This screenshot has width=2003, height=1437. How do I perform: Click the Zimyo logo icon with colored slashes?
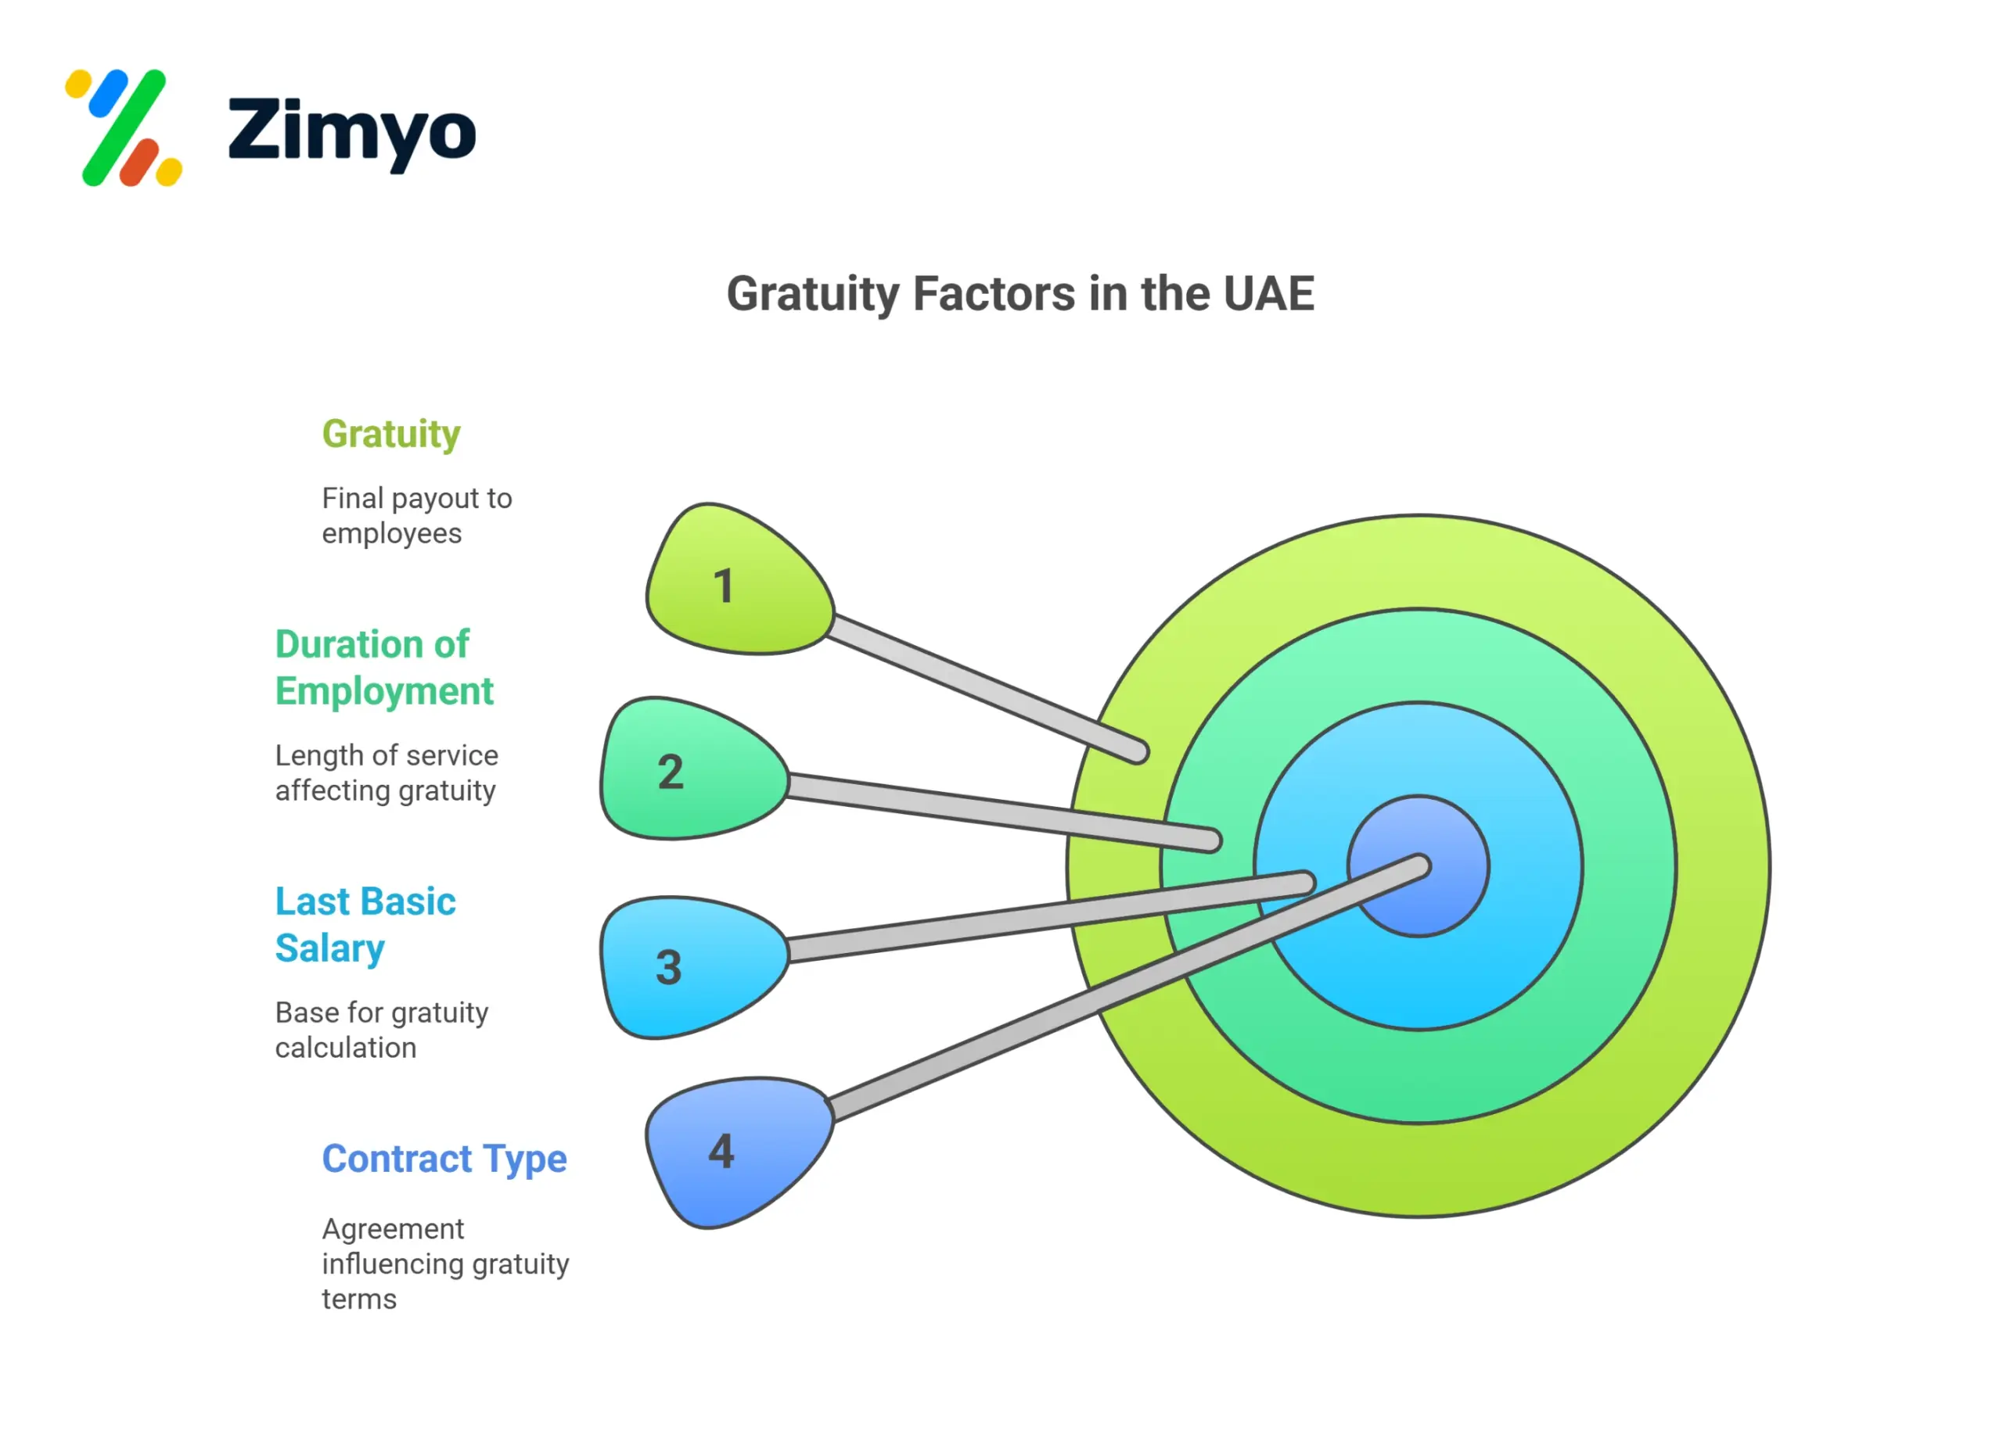[x=124, y=128]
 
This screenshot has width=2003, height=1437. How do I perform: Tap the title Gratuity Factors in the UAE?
[x=1020, y=294]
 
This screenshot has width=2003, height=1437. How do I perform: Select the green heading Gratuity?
[x=391, y=434]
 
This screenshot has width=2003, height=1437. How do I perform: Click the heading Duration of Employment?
[x=384, y=668]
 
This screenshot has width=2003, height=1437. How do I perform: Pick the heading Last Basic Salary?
[x=365, y=925]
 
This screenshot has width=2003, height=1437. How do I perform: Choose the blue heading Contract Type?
[x=444, y=1159]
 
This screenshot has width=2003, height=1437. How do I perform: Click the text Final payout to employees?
[x=416, y=515]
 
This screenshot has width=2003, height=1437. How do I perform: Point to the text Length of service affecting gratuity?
[x=386, y=773]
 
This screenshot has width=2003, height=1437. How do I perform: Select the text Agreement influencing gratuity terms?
[x=445, y=1264]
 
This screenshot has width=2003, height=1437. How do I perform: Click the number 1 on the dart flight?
[x=723, y=586]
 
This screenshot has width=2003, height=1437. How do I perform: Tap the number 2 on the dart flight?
[x=671, y=772]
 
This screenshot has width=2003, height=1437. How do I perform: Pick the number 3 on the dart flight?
[x=668, y=967]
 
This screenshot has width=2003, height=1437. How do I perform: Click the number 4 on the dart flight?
[x=721, y=1152]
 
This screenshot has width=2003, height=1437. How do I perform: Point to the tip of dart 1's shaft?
[x=1138, y=753]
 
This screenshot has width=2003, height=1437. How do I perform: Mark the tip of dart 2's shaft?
[x=1212, y=840]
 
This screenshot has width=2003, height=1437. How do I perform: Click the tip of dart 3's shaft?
[x=1304, y=883]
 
